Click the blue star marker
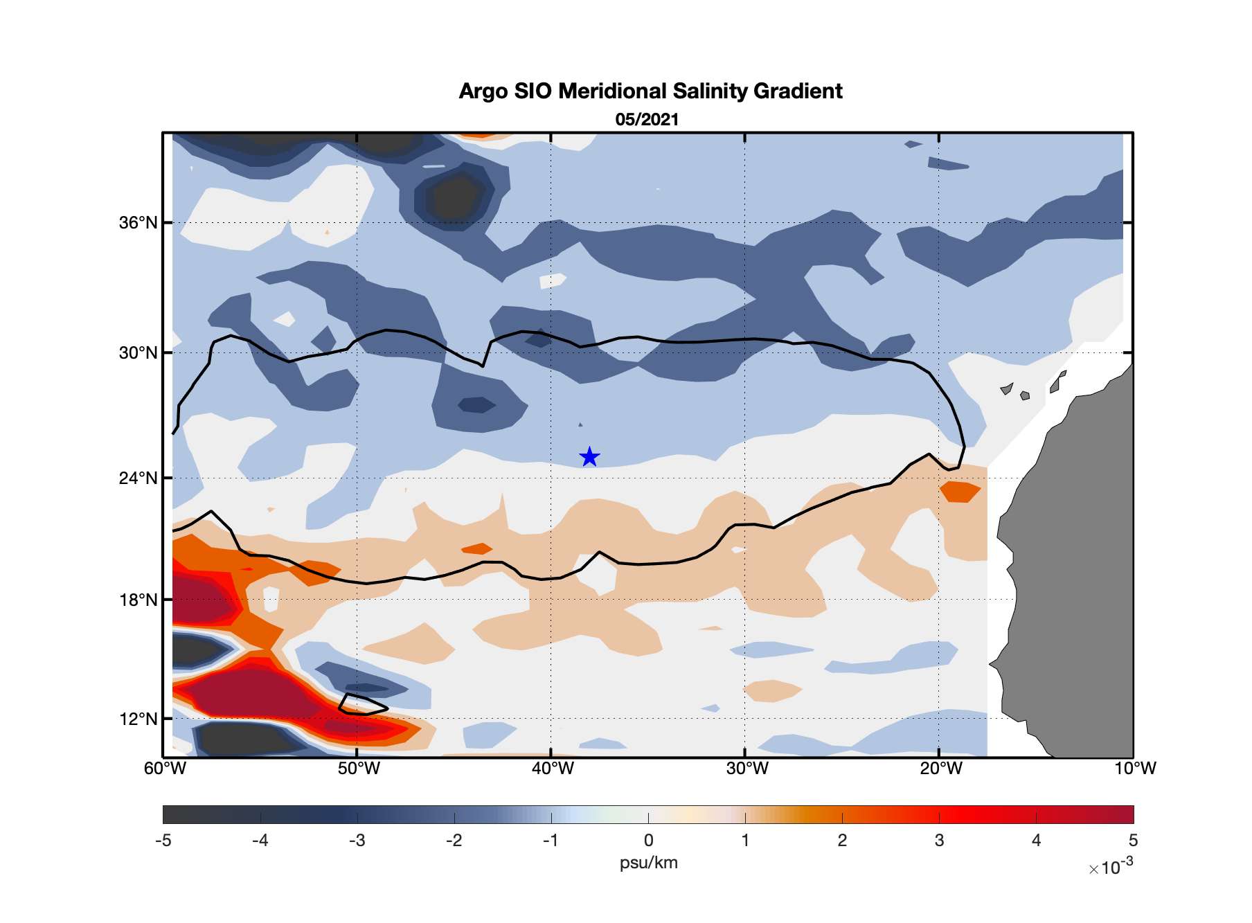coord(589,457)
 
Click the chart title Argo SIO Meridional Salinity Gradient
coord(650,91)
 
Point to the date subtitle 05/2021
coord(647,120)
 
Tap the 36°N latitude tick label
coord(138,223)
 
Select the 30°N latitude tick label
coord(138,353)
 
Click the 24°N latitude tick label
coord(138,478)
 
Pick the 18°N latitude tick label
coord(138,600)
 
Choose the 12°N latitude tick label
coord(138,719)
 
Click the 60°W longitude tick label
coord(165,769)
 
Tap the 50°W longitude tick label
coord(358,769)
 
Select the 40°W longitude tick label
coord(552,769)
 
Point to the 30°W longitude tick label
coord(746,769)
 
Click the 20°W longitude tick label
coord(940,769)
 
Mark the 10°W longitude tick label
coord(1134,769)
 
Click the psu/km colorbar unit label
coord(648,863)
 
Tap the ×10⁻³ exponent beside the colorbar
coord(1111,866)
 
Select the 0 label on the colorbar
coord(648,841)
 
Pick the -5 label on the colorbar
coord(163,841)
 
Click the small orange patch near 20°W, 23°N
coord(960,492)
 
